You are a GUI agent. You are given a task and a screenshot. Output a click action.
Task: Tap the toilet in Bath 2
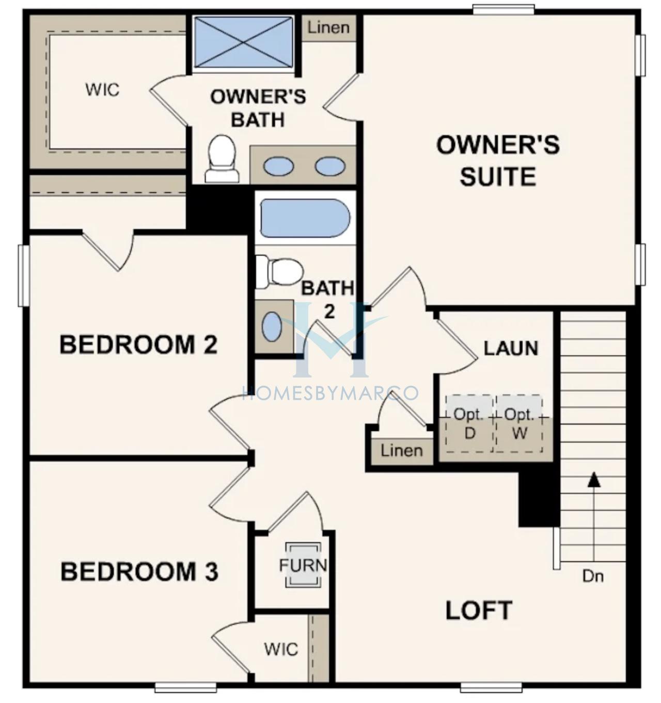pyautogui.click(x=279, y=272)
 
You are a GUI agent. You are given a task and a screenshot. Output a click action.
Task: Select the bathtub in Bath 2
pyautogui.click(x=305, y=217)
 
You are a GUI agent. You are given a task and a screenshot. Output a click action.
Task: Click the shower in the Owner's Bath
pyautogui.click(x=244, y=42)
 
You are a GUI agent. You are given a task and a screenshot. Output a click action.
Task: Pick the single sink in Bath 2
pyautogui.click(x=272, y=327)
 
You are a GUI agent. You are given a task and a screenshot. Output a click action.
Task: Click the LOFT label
pyautogui.click(x=479, y=610)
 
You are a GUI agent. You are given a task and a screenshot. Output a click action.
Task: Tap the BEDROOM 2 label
pyautogui.click(x=138, y=345)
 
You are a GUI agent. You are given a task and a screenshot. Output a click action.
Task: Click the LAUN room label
pyautogui.click(x=511, y=348)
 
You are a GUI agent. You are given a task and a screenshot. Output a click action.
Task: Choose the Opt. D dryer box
pyautogui.click(x=469, y=424)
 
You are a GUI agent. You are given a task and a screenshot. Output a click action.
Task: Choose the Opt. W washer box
pyautogui.click(x=519, y=424)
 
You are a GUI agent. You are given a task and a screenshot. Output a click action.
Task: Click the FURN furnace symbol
pyautogui.click(x=303, y=565)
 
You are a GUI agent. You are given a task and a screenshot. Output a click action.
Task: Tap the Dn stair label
pyautogui.click(x=593, y=577)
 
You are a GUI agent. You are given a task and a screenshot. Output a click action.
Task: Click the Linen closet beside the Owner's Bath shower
pyautogui.click(x=328, y=28)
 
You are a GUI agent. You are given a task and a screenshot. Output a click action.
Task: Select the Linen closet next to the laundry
pyautogui.click(x=401, y=451)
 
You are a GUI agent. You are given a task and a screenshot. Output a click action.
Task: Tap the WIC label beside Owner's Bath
pyautogui.click(x=103, y=90)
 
